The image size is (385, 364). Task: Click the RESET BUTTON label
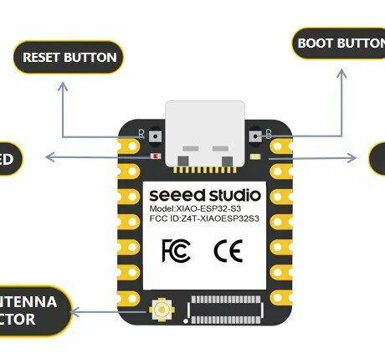pyautogui.click(x=68, y=58)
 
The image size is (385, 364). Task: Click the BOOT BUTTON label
pyautogui.click(x=339, y=43)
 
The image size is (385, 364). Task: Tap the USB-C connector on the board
pyautogui.click(x=205, y=134)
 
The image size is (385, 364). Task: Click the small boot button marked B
pyautogui.click(x=258, y=132)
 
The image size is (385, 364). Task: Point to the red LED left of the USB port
pyautogui.click(x=156, y=156)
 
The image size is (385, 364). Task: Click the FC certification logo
pyautogui.click(x=173, y=249)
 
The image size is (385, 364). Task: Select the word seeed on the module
pyautogui.click(x=177, y=195)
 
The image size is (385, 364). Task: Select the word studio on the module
pyautogui.click(x=234, y=195)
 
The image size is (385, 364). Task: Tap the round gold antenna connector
pyautogui.click(x=159, y=311)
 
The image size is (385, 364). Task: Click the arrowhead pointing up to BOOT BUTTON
pyautogui.click(x=341, y=74)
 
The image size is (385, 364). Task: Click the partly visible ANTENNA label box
pyautogui.click(x=33, y=310)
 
